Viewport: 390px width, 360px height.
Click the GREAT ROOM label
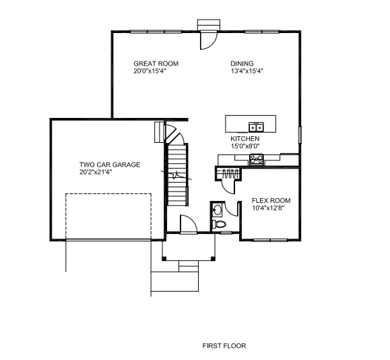[156, 64]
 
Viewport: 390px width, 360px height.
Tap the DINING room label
[242, 64]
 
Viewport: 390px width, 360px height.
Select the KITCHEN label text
[245, 139]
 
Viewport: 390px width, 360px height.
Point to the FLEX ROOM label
[271, 201]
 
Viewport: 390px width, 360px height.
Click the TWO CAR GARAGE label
[110, 164]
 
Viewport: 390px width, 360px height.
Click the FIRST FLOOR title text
[224, 346]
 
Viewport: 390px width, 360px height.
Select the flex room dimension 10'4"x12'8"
[268, 208]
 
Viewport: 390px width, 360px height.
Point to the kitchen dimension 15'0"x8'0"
[245, 146]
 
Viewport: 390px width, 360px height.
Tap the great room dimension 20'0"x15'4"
[150, 71]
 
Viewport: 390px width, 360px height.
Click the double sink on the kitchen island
[257, 127]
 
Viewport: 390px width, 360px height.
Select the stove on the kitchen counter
[257, 160]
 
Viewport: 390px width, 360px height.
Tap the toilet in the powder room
[219, 224]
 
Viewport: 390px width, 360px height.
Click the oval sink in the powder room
[218, 210]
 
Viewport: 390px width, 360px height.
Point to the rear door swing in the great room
[209, 40]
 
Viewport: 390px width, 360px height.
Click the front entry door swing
[189, 224]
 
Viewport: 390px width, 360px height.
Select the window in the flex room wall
[270, 240]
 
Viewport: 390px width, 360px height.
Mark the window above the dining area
[261, 32]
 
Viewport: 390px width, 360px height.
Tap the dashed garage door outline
[108, 216]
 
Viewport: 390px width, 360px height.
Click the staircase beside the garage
[176, 175]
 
